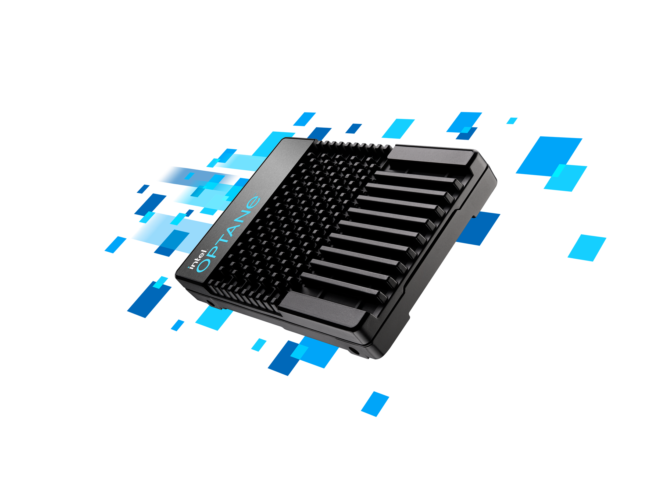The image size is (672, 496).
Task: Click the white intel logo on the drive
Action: pos(197,259)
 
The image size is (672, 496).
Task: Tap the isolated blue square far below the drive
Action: pos(375,404)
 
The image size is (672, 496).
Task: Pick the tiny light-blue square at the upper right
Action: pos(512,121)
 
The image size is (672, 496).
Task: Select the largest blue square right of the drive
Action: pos(549,156)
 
